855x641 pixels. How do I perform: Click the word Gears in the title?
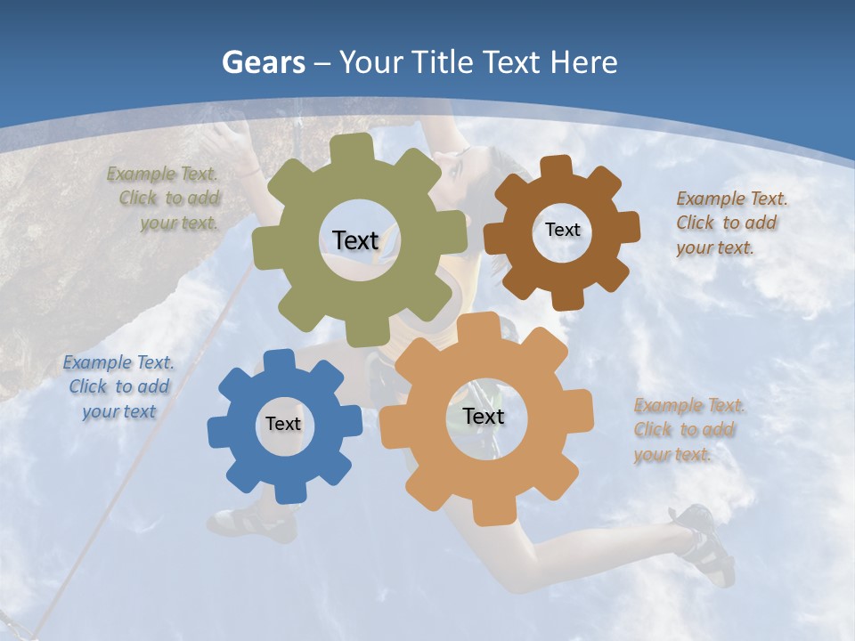click(x=263, y=63)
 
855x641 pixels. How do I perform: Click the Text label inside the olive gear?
click(x=355, y=240)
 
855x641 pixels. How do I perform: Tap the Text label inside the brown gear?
click(x=562, y=230)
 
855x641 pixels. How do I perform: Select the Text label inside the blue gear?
click(x=283, y=425)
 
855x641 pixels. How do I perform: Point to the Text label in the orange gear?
click(x=484, y=417)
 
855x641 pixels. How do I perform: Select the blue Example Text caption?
click(x=118, y=387)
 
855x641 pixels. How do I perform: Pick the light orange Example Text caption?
click(x=687, y=430)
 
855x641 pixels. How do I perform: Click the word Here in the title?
click(x=583, y=63)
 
